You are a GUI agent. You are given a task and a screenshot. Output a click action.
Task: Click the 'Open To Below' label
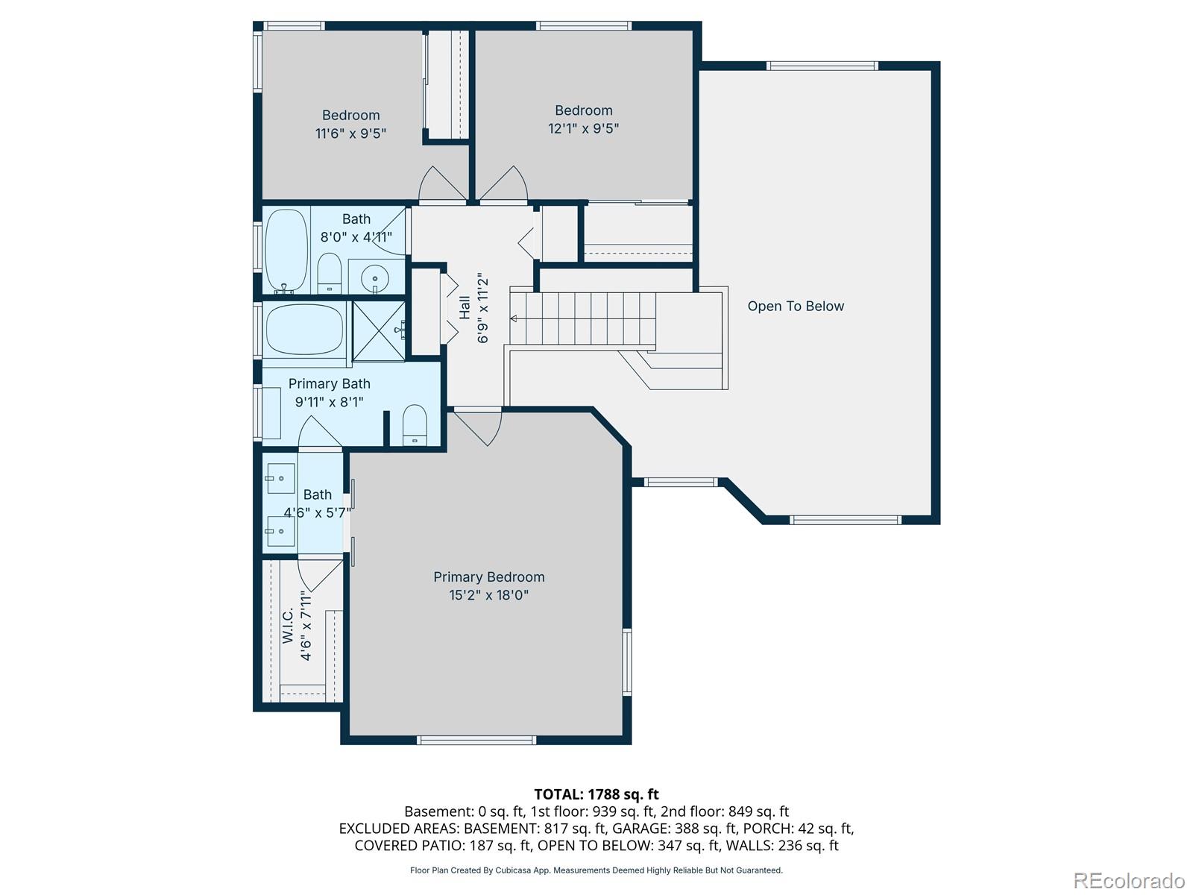(x=795, y=306)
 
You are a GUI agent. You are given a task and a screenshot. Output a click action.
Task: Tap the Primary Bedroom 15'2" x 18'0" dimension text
(x=488, y=595)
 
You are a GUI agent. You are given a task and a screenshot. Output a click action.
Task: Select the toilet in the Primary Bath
(x=415, y=425)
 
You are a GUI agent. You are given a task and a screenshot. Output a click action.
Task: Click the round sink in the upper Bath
(x=374, y=279)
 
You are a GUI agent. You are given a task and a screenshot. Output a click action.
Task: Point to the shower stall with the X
(x=379, y=331)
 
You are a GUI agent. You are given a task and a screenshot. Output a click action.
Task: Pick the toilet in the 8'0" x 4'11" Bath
(x=329, y=273)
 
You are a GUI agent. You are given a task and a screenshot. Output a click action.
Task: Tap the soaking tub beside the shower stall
(x=304, y=330)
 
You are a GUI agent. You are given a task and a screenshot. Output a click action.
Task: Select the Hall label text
(x=465, y=307)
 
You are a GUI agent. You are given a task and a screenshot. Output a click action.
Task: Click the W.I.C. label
(x=288, y=625)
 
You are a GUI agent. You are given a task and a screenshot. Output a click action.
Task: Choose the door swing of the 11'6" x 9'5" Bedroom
(x=443, y=183)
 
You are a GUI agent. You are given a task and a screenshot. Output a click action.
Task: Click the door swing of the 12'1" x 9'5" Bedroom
(x=503, y=183)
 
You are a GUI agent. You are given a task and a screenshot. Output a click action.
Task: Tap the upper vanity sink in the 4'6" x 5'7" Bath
(x=280, y=478)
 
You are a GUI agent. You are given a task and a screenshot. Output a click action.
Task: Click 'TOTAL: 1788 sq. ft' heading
(x=596, y=794)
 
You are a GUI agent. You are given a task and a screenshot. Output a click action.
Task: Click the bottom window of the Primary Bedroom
(x=476, y=740)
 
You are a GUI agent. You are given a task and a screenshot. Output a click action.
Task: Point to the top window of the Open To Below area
(x=822, y=66)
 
